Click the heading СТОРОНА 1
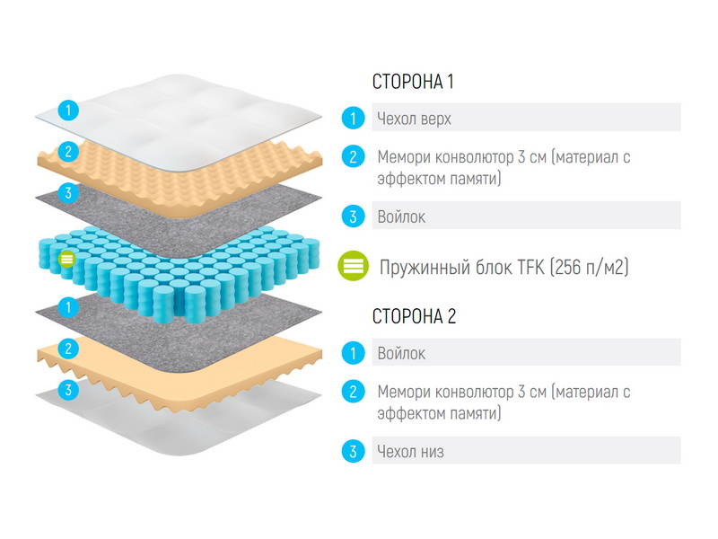(413, 82)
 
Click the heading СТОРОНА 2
(414, 316)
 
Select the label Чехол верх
(414, 119)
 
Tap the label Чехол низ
(410, 452)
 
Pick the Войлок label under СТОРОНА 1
(401, 216)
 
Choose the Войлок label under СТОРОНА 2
(401, 353)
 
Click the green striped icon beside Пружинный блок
(353, 266)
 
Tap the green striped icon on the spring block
(66, 259)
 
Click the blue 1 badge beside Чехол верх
(353, 119)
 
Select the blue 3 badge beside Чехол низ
(353, 452)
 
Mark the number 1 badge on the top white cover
(69, 110)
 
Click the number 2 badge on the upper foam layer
(69, 151)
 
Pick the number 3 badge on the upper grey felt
(69, 192)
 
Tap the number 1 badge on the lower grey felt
(69, 306)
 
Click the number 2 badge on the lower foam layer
(69, 349)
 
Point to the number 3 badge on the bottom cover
(69, 390)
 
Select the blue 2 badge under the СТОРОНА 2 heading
(353, 392)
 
